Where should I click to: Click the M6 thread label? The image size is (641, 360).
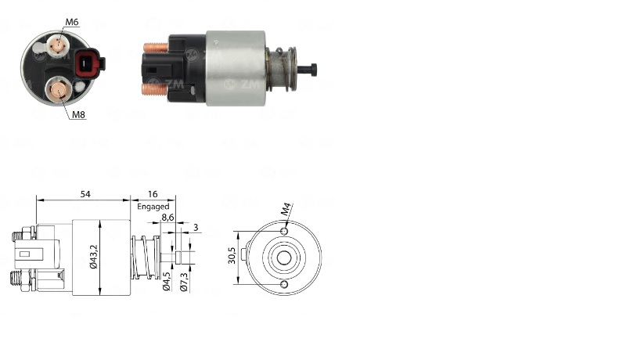pyautogui.click(x=71, y=22)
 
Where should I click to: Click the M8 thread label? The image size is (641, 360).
pyautogui.click(x=78, y=115)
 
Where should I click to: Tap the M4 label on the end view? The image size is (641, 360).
pyautogui.click(x=286, y=209)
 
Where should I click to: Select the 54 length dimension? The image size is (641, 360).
pyautogui.click(x=85, y=194)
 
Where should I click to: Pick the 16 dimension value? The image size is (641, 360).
pyautogui.click(x=153, y=194)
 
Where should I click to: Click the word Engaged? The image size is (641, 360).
pyautogui.click(x=153, y=207)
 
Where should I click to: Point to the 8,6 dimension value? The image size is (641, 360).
pyautogui.click(x=167, y=218)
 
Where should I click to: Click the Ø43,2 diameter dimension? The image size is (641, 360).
pyautogui.click(x=94, y=257)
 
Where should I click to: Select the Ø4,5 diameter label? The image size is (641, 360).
pyautogui.click(x=167, y=281)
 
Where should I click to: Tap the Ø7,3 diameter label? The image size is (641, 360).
pyautogui.click(x=184, y=282)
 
